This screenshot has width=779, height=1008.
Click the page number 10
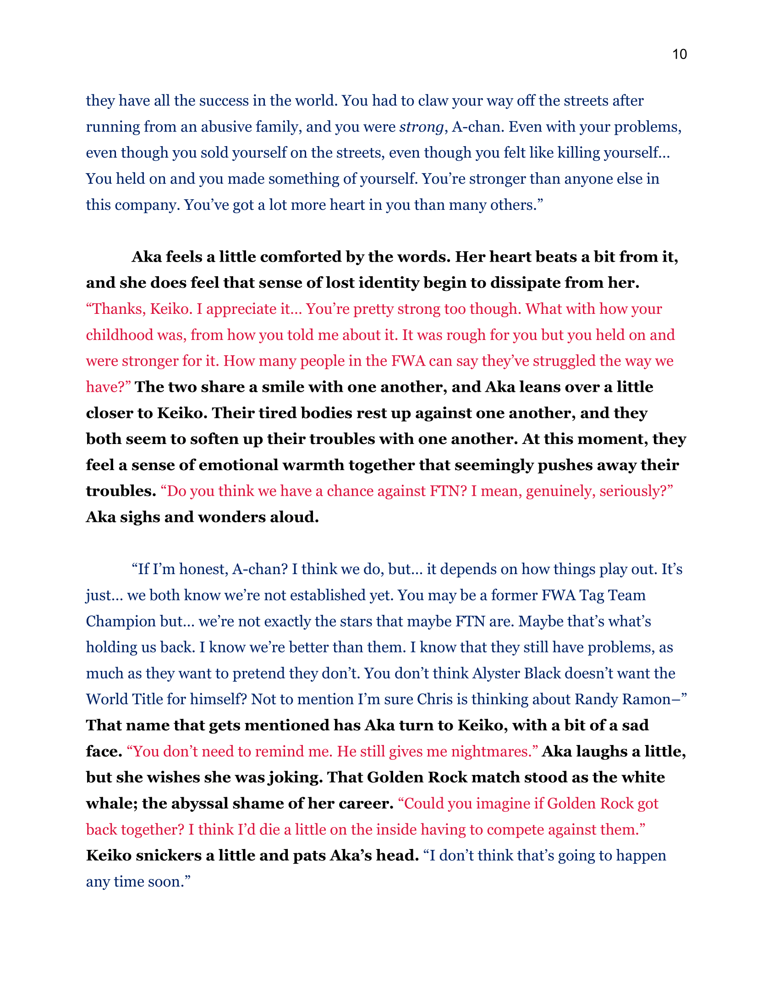click(x=679, y=55)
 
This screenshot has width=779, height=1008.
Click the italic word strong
click(x=421, y=127)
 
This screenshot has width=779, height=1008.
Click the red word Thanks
click(x=117, y=309)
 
